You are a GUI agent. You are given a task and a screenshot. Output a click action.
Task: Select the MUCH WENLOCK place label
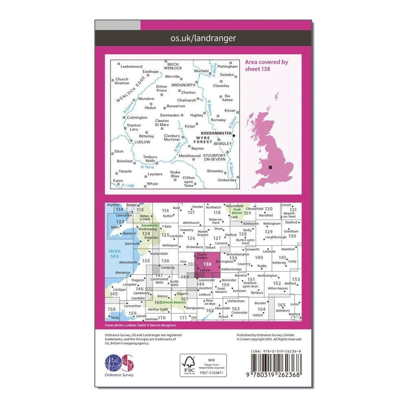pyautogui.click(x=173, y=66)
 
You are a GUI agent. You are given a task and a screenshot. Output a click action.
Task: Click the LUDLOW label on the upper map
pyautogui.click(x=142, y=142)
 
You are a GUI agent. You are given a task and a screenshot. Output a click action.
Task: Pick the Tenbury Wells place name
pyautogui.click(x=150, y=159)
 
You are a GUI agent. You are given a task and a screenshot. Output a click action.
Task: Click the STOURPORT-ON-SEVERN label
pyautogui.click(x=217, y=157)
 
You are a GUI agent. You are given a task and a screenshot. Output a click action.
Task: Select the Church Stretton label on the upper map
pyautogui.click(x=122, y=81)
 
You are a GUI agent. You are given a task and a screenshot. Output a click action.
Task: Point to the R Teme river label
pyautogui.click(x=147, y=167)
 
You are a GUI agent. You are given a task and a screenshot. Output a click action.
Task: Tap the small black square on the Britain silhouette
pyautogui.click(x=270, y=168)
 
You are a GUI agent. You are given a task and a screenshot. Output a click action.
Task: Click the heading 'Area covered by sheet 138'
pyautogui.click(x=266, y=65)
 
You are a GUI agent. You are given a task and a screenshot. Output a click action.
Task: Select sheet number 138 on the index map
pyautogui.click(x=208, y=264)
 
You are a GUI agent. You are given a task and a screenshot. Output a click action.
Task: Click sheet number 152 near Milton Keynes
pyautogui.click(x=277, y=283)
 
